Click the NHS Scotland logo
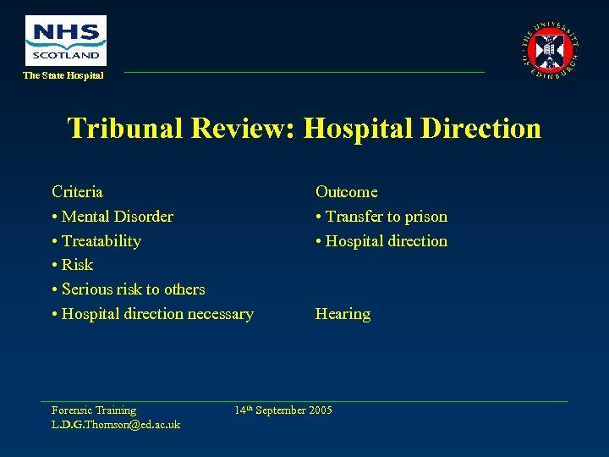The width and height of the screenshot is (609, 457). [66, 40]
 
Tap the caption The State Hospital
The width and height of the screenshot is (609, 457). [63, 76]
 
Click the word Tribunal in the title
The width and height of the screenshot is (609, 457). [126, 129]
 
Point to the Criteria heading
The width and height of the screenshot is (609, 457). [77, 192]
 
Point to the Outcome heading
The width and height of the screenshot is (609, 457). [346, 192]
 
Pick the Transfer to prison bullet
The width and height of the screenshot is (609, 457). [381, 217]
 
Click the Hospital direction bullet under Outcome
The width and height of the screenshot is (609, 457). [381, 241]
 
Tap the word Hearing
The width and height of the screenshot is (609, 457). [343, 314]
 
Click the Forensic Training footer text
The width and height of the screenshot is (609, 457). [93, 410]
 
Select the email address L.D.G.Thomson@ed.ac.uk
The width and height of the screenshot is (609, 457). [116, 424]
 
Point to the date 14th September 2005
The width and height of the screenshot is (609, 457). [283, 410]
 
